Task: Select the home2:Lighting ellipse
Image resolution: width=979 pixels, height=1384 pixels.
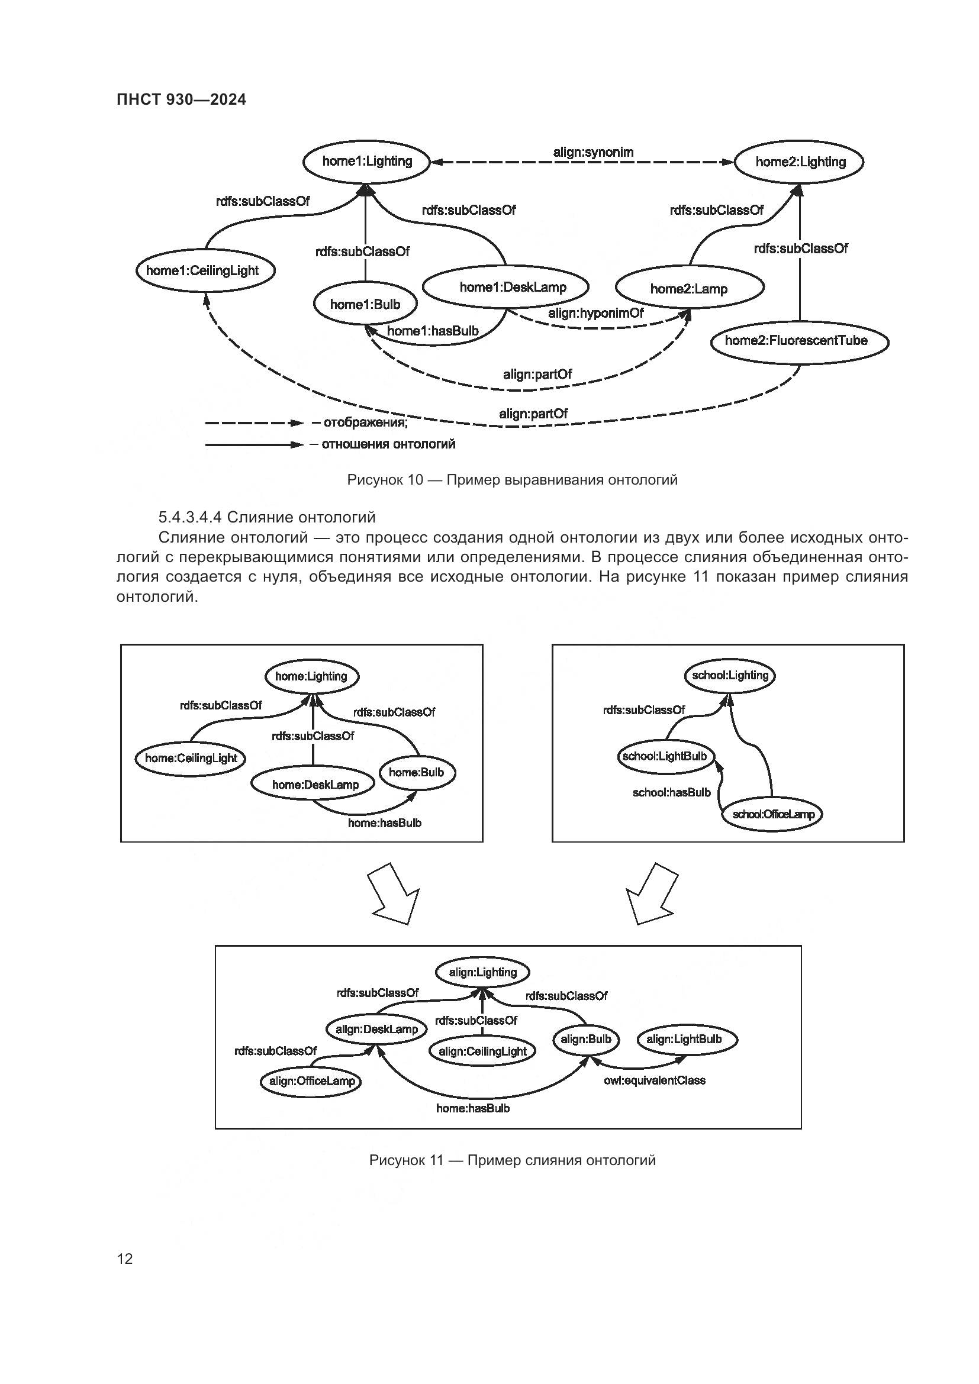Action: click(x=799, y=162)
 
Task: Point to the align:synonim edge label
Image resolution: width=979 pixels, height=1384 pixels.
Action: click(x=593, y=152)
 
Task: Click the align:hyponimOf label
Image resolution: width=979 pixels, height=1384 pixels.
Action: click(x=595, y=313)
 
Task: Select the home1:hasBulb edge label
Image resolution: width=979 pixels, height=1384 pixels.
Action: click(x=432, y=330)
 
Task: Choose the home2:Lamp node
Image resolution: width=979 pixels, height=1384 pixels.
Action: click(x=688, y=289)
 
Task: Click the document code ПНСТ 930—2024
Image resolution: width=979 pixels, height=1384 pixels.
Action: click(x=182, y=100)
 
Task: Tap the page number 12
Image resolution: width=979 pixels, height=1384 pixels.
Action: click(x=125, y=1259)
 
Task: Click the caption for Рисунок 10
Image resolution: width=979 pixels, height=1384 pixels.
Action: click(x=512, y=480)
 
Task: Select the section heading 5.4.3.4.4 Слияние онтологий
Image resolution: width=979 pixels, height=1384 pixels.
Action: click(x=266, y=517)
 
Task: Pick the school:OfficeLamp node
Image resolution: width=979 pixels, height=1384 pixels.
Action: click(x=773, y=814)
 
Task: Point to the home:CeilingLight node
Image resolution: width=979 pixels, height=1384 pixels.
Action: click(x=191, y=759)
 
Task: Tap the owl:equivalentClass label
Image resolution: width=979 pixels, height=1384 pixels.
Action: click(x=654, y=1080)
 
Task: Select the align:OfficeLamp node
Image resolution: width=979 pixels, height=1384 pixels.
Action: click(x=311, y=1081)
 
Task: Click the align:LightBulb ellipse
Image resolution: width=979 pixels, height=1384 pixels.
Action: click(x=684, y=1039)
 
